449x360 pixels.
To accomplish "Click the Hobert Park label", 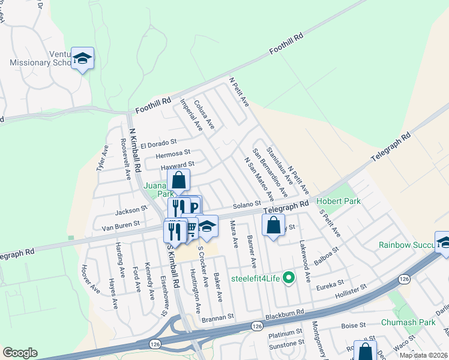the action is click(339, 201).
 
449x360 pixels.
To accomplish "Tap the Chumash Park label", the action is click(408, 322).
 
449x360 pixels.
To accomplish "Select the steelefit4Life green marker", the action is click(289, 277).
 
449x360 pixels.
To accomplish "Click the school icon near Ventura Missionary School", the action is click(82, 58).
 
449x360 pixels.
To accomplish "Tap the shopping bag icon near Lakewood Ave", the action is click(274, 226).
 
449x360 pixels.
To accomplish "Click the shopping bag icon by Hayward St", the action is click(178, 179).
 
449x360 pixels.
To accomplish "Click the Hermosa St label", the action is click(174, 154).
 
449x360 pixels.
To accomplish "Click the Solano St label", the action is click(247, 205).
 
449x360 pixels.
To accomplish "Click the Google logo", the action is click(20, 353).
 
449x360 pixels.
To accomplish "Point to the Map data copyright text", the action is click(424, 355).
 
